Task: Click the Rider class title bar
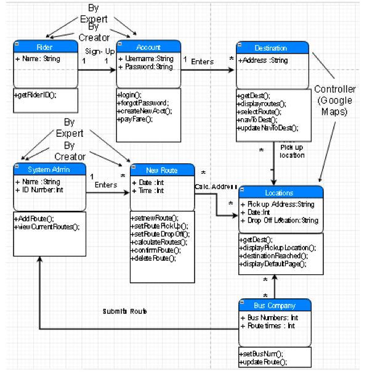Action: [x=44, y=47]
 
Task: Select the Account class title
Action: [x=148, y=47]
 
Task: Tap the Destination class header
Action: [x=271, y=48]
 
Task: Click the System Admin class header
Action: [x=49, y=170]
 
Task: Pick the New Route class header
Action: [x=161, y=170]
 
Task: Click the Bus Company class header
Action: [x=275, y=305]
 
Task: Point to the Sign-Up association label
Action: [x=99, y=51]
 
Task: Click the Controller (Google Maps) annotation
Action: [x=336, y=100]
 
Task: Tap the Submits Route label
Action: [x=125, y=311]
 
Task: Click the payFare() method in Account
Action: [x=135, y=119]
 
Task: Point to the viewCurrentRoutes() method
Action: [x=47, y=227]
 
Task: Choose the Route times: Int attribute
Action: [x=268, y=325]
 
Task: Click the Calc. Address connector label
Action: [x=216, y=186]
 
